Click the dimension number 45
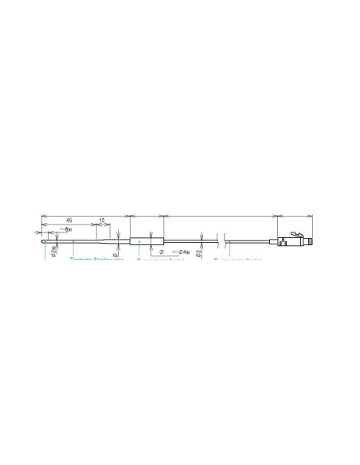coord(69,221)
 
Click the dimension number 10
coord(101,221)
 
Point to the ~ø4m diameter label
coord(179,252)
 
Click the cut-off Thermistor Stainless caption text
coord(97,259)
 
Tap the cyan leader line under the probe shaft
coord(73,250)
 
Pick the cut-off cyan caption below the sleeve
coord(159,260)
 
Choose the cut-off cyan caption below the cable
coord(238,260)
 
